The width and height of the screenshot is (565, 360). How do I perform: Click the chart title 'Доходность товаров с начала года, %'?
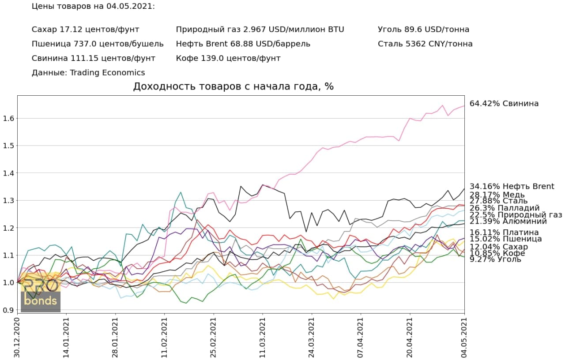[234, 86]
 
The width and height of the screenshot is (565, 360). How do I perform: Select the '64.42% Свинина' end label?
[504, 104]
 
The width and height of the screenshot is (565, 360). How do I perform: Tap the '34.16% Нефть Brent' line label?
[512, 187]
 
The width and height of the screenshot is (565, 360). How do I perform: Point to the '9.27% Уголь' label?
[495, 259]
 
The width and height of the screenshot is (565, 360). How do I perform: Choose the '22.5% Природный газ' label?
[516, 215]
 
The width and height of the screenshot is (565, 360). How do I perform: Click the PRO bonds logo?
[41, 293]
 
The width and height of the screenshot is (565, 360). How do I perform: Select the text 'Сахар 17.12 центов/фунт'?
[85, 30]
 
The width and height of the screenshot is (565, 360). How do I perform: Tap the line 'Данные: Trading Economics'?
[88, 73]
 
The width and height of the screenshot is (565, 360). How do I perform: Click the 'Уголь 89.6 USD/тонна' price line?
[423, 30]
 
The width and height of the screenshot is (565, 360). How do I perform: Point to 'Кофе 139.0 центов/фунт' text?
[228, 58]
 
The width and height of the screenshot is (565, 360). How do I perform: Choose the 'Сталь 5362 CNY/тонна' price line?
[425, 44]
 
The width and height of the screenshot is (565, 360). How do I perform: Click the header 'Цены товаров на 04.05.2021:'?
[94, 7]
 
